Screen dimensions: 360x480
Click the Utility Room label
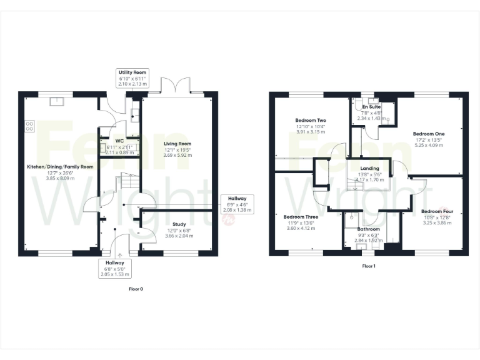[x=132, y=73]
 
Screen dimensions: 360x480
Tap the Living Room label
[x=177, y=144]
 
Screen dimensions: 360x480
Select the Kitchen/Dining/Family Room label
[x=60, y=167]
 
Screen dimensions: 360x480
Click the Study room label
[x=179, y=224]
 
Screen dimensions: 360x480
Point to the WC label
[x=119, y=141]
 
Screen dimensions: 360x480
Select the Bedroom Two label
[x=311, y=120]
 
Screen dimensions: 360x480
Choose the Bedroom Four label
[x=437, y=211]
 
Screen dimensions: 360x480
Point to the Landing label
[x=370, y=169]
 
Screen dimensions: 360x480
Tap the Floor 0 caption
[x=136, y=289]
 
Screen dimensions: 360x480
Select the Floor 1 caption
[x=369, y=266]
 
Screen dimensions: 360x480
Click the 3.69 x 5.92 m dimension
[x=177, y=155]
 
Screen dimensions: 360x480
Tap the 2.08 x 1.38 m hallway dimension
[x=237, y=210]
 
